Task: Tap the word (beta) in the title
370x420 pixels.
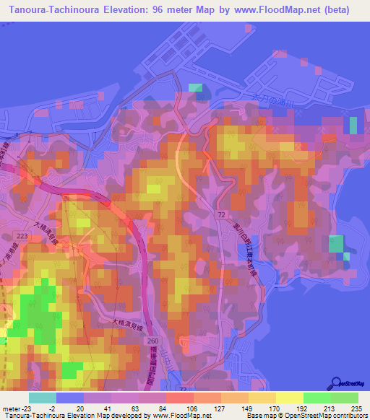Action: [x=336, y=10]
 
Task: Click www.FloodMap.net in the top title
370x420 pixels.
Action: [x=280, y=10]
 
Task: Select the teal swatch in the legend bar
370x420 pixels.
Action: [x=43, y=398]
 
